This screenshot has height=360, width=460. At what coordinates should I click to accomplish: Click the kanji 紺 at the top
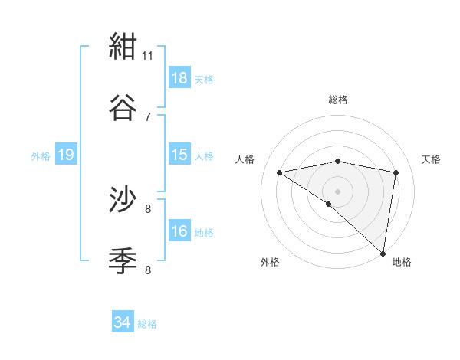(x=123, y=47)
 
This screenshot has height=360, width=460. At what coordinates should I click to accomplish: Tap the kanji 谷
(x=123, y=108)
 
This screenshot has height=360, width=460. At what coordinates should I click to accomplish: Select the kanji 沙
(x=123, y=201)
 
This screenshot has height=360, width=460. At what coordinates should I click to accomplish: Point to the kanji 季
(x=123, y=261)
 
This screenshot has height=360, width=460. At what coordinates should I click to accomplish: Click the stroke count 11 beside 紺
(x=148, y=55)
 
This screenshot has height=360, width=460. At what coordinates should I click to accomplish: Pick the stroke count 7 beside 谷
(x=148, y=116)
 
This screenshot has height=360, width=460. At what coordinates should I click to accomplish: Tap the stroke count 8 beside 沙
(x=148, y=208)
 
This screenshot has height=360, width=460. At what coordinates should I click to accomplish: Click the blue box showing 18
(x=179, y=78)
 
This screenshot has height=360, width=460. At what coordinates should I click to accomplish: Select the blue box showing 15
(x=179, y=155)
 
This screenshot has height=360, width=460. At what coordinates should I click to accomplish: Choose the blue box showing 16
(x=179, y=231)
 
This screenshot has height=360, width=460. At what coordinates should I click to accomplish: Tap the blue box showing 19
(x=66, y=155)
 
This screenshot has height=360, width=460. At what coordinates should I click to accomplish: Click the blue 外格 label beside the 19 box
(x=41, y=155)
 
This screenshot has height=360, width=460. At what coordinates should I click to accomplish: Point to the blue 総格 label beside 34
(x=148, y=324)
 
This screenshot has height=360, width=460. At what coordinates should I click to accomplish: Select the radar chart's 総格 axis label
(x=338, y=100)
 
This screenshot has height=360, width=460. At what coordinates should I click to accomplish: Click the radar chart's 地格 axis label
(x=402, y=262)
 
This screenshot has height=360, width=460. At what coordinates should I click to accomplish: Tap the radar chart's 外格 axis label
(x=270, y=262)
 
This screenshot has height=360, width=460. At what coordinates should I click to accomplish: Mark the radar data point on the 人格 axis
(x=280, y=172)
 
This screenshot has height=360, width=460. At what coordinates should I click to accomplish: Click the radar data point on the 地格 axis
(x=384, y=253)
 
